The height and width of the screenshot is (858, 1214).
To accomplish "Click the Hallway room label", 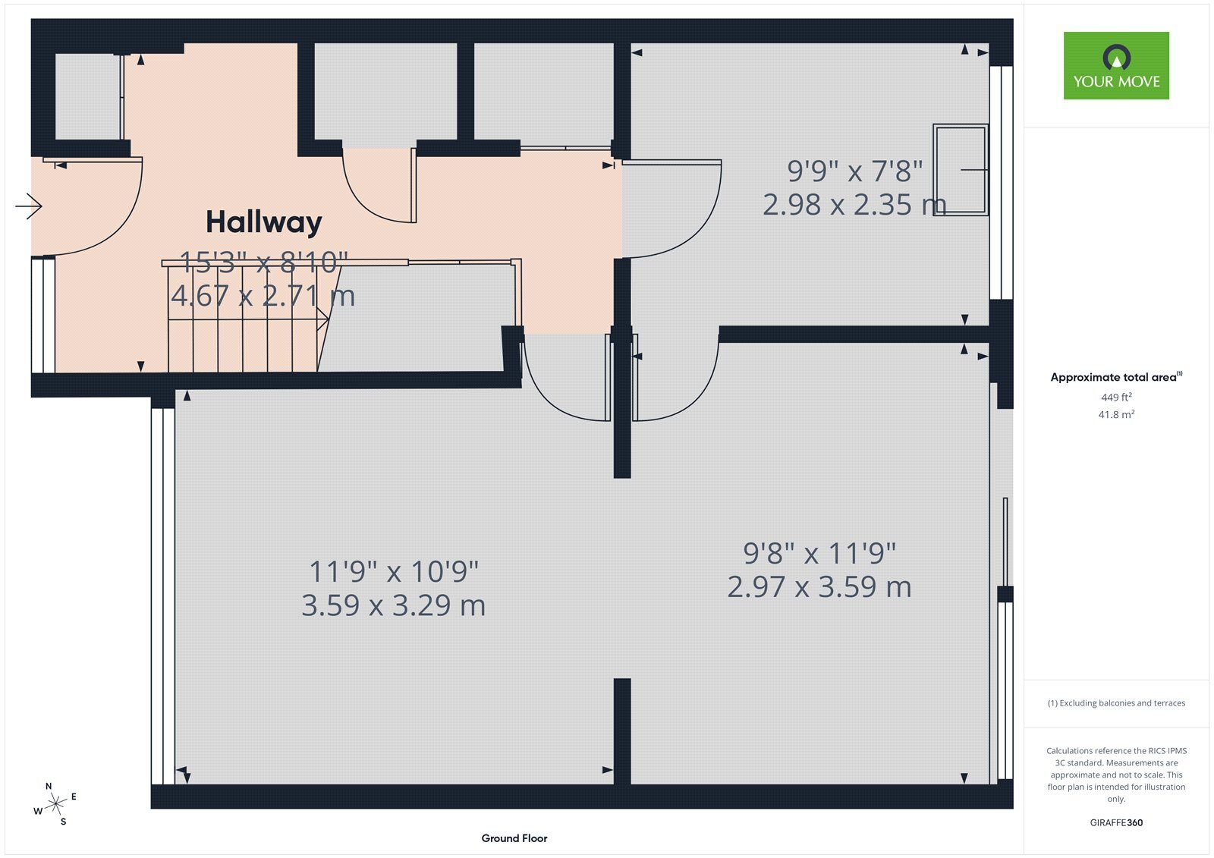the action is click(x=264, y=223).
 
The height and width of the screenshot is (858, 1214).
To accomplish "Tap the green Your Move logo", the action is click(x=1116, y=65).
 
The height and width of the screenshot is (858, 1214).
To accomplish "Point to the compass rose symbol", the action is click(x=55, y=804).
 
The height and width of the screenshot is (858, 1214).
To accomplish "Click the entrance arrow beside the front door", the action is click(x=29, y=206).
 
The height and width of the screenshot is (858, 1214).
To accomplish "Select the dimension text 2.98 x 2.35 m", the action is click(x=854, y=205).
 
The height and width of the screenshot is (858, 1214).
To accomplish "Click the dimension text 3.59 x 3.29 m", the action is click(x=394, y=605).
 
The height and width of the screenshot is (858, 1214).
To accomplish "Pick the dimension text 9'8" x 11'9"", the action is click(x=819, y=553).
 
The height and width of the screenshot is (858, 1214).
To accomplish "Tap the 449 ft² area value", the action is click(x=1116, y=398).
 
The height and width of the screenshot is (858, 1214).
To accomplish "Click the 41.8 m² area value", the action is click(x=1116, y=415).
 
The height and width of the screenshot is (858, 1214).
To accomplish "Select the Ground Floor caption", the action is click(x=514, y=838).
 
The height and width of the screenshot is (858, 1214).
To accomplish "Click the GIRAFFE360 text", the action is click(x=1116, y=823).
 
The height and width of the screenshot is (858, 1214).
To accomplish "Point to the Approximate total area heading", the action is click(x=1116, y=377).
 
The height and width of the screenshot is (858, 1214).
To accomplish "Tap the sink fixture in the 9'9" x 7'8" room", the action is click(x=961, y=170).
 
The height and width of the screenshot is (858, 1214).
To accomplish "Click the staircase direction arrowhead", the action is click(x=322, y=319).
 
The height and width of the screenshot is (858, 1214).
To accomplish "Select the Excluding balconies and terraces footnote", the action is click(x=1116, y=703).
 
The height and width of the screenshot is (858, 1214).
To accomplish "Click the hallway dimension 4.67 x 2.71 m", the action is click(x=263, y=296).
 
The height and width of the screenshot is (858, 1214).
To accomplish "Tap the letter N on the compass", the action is click(x=49, y=787).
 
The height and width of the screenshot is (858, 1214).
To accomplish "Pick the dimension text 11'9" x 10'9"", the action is click(x=394, y=571).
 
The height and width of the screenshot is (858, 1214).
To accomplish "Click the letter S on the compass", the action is click(x=64, y=822).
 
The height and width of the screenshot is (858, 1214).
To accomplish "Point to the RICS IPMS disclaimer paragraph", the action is click(x=1116, y=775).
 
